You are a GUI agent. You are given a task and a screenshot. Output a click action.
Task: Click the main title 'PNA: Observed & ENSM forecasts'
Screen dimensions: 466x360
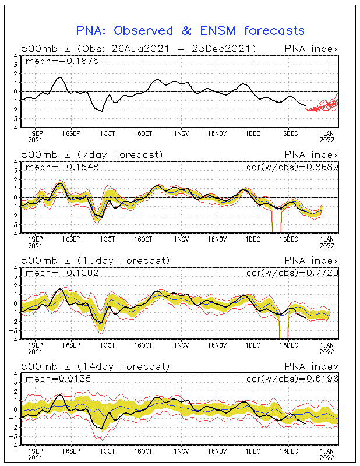pos(190,30)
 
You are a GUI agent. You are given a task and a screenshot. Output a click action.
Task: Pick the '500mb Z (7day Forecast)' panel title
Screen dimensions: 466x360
pos(92,154)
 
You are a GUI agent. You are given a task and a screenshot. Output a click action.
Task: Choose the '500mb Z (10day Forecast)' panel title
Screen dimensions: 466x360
pos(95,260)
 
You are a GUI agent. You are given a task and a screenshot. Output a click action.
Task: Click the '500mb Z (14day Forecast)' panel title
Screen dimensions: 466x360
pos(95,366)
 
